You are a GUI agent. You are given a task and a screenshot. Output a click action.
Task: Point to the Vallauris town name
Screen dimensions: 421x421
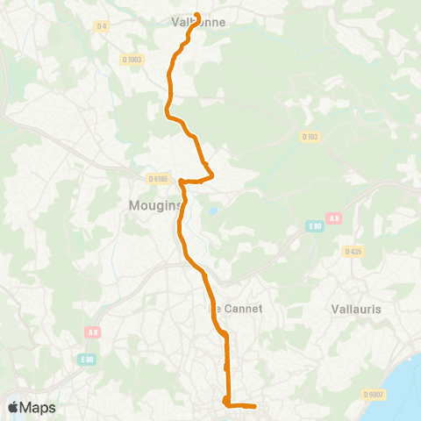[357, 309]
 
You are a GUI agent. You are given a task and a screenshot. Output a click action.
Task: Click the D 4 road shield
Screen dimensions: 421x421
[102, 26]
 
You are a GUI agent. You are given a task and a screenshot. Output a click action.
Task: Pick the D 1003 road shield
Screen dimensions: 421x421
[132, 59]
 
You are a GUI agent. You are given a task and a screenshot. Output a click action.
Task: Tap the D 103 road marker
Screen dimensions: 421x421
[309, 137]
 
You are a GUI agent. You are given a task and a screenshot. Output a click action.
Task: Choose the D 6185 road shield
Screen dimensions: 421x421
[158, 179]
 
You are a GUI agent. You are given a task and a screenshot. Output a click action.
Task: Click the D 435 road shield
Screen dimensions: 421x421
[353, 252]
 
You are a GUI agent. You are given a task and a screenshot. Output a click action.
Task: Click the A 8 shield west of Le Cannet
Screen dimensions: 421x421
[93, 332]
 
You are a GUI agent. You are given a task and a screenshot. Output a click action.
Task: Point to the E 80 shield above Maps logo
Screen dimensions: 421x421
[86, 360]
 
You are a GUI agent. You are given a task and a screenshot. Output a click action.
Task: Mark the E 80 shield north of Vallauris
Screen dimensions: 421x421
[315, 226]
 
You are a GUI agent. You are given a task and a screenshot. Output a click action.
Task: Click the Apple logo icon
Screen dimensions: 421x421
[13, 408]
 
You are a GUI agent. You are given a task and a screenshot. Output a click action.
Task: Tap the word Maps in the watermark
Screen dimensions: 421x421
[39, 408]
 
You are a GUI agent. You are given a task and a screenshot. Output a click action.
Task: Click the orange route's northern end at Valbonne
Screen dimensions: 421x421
[196, 15]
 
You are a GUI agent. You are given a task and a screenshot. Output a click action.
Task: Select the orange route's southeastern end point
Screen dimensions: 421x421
[254, 406]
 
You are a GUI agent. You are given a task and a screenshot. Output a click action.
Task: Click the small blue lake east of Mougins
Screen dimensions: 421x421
[210, 210]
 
